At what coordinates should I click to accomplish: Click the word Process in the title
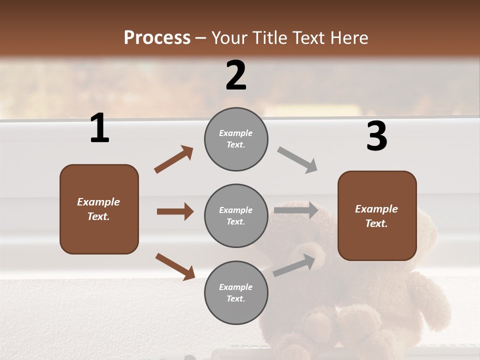click(x=157, y=37)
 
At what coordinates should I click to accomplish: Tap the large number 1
click(x=99, y=128)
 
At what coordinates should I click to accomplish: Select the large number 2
click(x=236, y=75)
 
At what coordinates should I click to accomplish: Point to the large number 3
click(x=377, y=136)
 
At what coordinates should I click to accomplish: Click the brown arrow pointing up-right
click(x=174, y=159)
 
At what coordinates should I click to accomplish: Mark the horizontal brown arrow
click(x=175, y=211)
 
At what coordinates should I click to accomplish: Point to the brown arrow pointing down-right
click(x=175, y=266)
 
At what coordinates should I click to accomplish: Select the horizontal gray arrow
click(x=296, y=210)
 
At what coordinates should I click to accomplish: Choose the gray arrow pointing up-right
click(x=294, y=265)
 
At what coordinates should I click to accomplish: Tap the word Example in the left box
click(x=98, y=202)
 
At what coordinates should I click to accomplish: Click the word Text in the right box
click(x=376, y=223)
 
